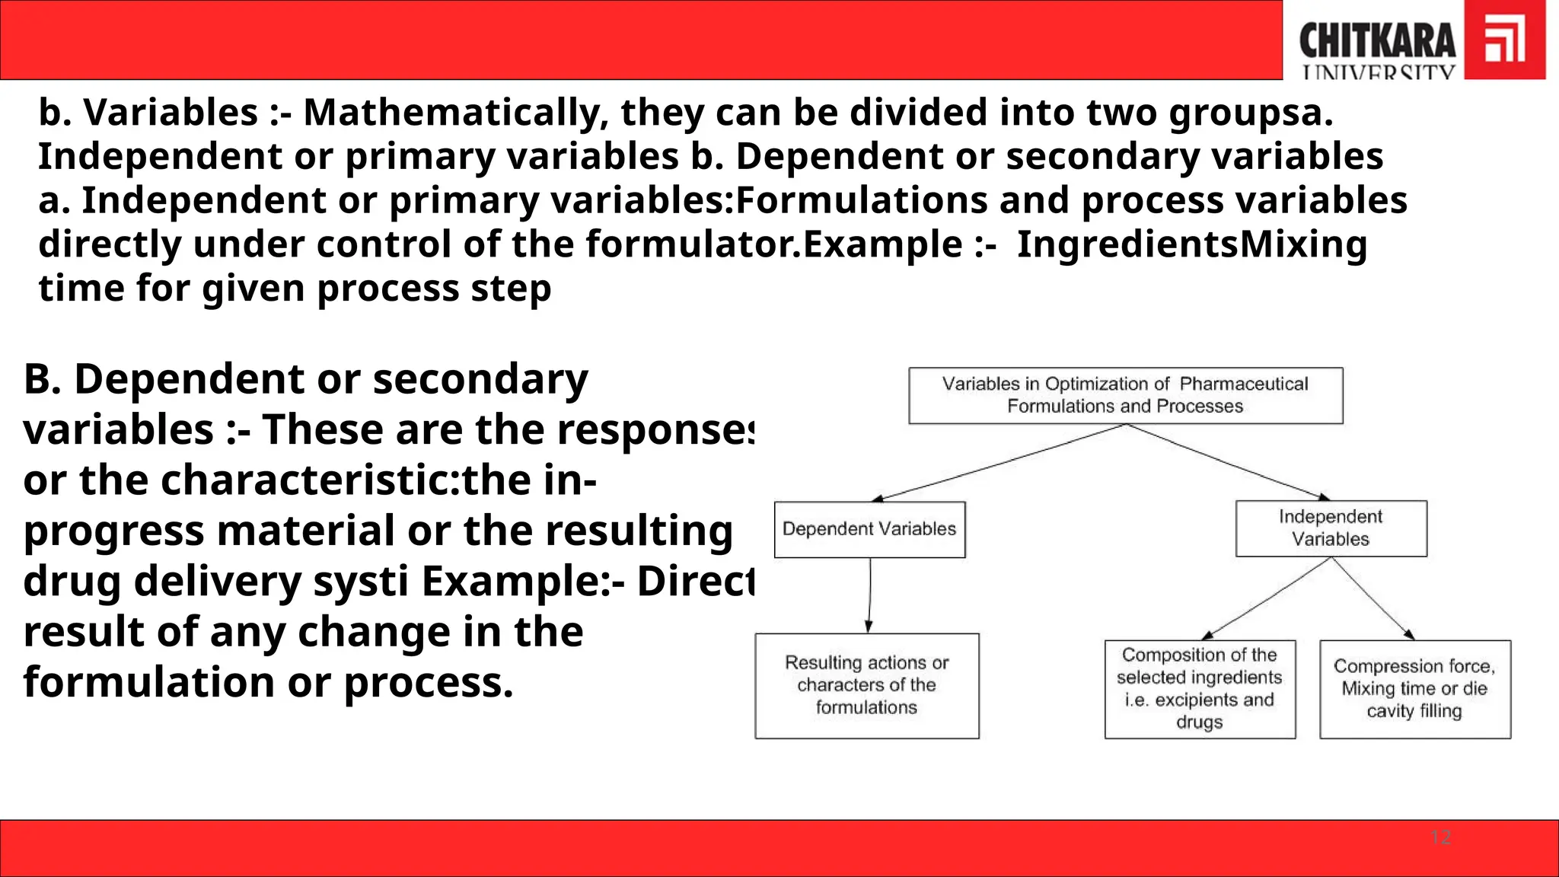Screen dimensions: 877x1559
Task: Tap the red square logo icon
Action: click(x=1505, y=40)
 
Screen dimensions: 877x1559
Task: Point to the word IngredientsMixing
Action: click(x=1192, y=244)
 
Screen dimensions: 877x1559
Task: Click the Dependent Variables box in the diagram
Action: click(x=869, y=529)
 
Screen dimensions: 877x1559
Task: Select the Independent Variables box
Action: click(x=1331, y=528)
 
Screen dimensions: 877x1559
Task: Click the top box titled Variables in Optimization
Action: click(x=1125, y=395)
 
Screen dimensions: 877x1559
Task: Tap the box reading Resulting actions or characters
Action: click(x=866, y=685)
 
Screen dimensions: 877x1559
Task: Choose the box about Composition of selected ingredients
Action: click(x=1200, y=688)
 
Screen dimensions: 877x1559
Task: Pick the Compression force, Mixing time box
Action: click(x=1414, y=688)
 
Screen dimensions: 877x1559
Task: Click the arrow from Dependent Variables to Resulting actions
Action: click(x=869, y=595)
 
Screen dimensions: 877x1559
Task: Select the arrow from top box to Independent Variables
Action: click(x=1227, y=462)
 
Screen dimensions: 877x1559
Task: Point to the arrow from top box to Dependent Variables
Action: click(x=999, y=462)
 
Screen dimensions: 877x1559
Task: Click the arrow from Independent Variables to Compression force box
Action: click(x=1372, y=598)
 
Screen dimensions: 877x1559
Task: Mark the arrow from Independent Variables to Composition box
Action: click(x=1267, y=598)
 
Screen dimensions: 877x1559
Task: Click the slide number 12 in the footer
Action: click(x=1440, y=837)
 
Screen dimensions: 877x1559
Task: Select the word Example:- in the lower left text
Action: click(x=523, y=582)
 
